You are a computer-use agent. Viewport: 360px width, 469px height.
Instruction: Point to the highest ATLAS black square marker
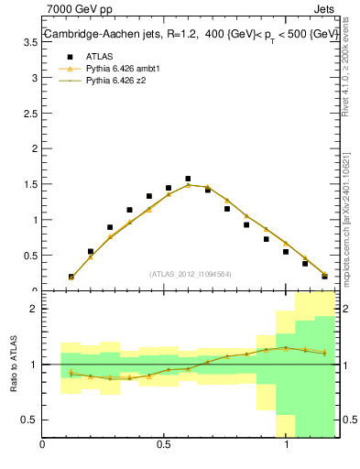click(x=188, y=179)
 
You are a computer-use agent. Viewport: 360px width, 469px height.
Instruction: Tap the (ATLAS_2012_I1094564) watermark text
click(x=191, y=273)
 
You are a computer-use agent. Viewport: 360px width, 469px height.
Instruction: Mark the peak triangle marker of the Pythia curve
click(x=188, y=185)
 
